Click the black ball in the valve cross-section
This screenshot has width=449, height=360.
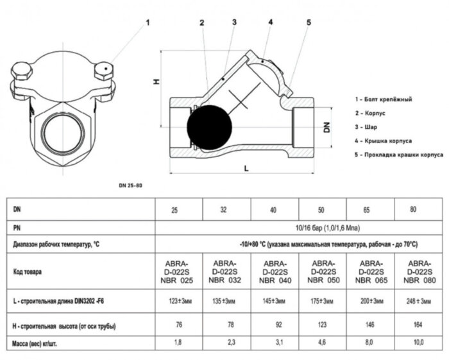pos(209,126)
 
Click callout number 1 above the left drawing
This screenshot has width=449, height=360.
pos(148,22)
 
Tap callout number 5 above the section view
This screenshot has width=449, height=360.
pos(309,22)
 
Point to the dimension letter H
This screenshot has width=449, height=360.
pos(156,81)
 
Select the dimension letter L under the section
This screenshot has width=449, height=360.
pos(247,168)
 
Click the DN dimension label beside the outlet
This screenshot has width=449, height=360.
pos(326,126)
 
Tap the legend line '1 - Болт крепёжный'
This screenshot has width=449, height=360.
pos(383,99)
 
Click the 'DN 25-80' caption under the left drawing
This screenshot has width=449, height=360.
pos(131,185)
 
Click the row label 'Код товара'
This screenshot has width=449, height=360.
pos(28,272)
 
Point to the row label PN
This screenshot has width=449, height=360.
pos(17,228)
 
